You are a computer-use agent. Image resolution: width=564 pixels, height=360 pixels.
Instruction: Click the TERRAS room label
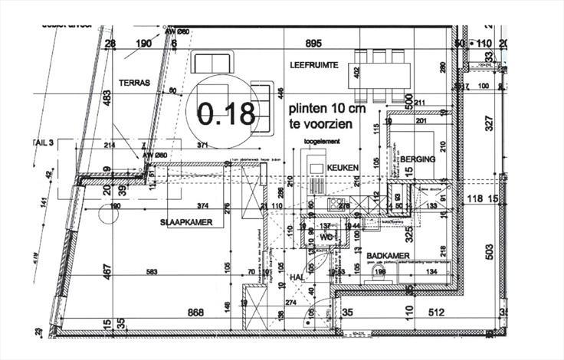(x=134, y=82)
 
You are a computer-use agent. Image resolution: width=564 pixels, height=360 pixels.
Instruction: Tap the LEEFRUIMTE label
(x=313, y=66)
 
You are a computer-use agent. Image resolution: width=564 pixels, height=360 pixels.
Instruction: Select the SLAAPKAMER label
(x=185, y=222)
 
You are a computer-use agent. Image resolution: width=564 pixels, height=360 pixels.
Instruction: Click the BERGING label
(x=418, y=159)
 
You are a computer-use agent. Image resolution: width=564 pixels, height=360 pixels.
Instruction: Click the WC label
(x=326, y=237)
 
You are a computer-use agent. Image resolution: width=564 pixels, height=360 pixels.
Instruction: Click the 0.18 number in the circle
(x=225, y=113)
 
